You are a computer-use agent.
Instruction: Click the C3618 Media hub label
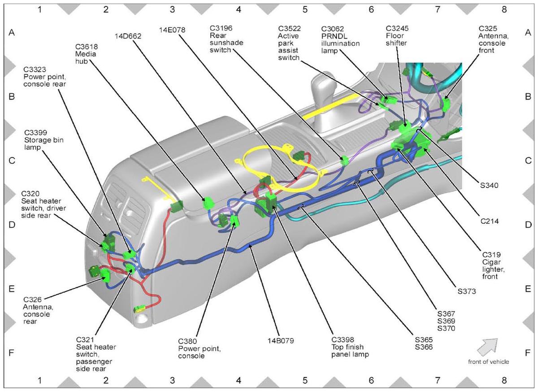pos(87,54)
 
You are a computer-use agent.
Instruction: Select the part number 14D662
pos(128,36)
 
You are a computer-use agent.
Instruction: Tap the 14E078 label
pos(172,30)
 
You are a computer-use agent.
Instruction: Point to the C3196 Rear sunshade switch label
pos(226,39)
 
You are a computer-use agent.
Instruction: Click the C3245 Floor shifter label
pos(397,35)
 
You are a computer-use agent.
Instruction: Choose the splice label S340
pos(489,185)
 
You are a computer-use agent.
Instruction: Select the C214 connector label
pos(489,221)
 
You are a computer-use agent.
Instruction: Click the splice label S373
pos(466,291)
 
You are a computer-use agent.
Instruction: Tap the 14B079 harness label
pos(281,340)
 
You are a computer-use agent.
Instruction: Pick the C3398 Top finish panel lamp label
pos(350,347)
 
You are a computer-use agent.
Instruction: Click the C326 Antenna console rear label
pos(38,310)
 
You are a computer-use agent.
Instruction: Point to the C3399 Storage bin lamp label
pos(44,139)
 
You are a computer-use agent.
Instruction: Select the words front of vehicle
pos(488,362)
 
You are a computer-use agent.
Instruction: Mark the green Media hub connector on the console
pos(207,203)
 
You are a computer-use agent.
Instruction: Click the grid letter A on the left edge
pos(12,32)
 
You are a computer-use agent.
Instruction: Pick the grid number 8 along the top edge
pos(504,9)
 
